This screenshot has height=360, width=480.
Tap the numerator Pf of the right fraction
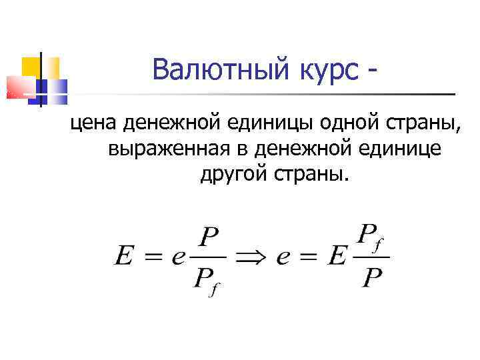click(371, 235)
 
